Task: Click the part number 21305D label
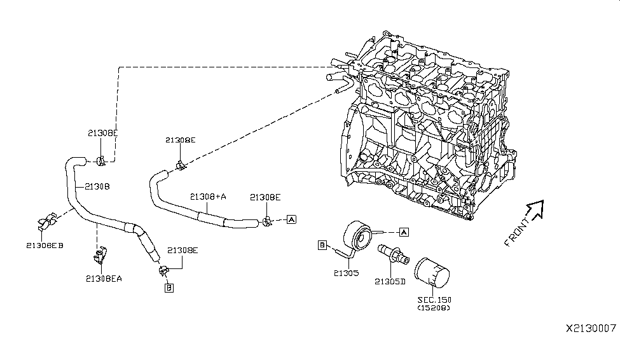point(390,281)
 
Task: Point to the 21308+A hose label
point(208,197)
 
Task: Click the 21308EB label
point(45,245)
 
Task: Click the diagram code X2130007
point(590,329)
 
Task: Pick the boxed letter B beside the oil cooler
point(322,245)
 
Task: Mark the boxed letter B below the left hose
point(169,287)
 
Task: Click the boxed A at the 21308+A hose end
point(291,219)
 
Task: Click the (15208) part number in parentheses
point(434,308)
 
